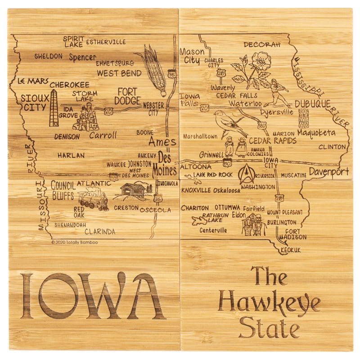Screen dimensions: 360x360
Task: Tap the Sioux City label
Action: click(34, 103)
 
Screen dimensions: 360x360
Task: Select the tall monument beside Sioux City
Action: click(54, 108)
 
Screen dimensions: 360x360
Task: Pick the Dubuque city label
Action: click(313, 104)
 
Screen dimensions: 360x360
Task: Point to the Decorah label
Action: click(262, 45)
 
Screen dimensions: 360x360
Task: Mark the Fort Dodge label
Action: click(127, 96)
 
